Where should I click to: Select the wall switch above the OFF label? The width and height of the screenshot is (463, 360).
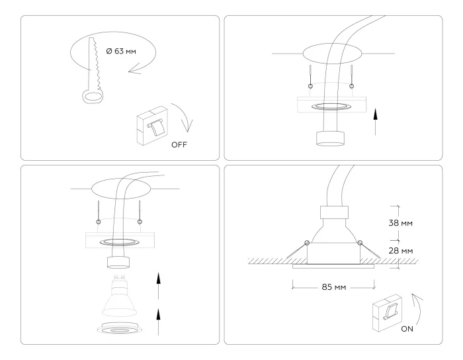tap(151, 125)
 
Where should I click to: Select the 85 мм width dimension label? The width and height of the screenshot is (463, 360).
tap(334, 287)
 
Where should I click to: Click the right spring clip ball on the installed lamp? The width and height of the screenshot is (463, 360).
tap(360, 243)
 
